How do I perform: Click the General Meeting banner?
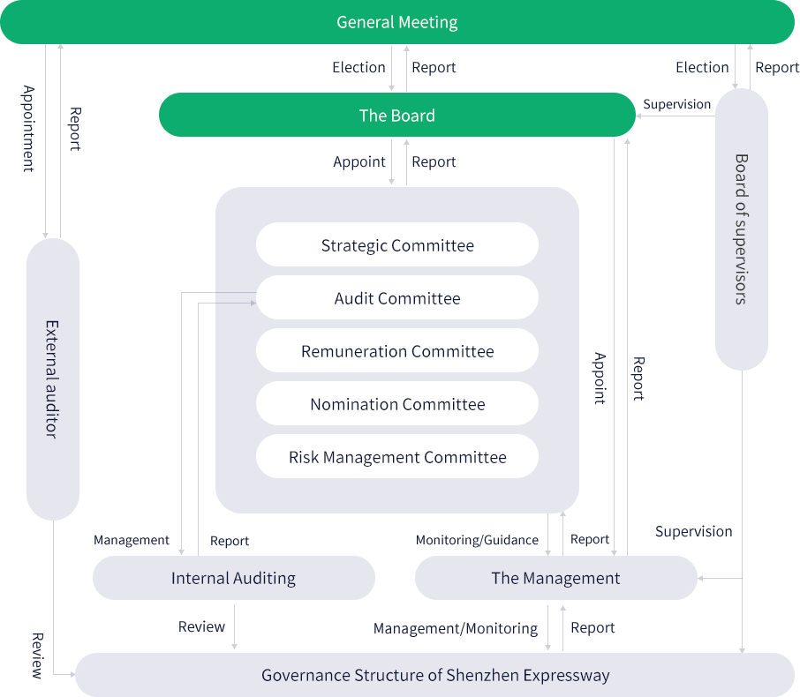point(397,22)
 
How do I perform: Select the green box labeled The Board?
point(397,115)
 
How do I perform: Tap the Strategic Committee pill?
point(397,245)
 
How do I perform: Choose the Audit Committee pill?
point(397,298)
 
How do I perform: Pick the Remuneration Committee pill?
point(397,351)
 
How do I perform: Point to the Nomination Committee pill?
point(397,404)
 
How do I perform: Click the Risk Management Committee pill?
point(397,457)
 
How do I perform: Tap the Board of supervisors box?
point(741,229)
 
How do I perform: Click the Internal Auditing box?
point(234,579)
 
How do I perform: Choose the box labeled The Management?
point(555,579)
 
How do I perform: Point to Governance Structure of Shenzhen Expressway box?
point(434,675)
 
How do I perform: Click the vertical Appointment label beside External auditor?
point(28,128)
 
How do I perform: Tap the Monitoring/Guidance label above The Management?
point(477,540)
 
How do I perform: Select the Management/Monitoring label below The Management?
point(456,628)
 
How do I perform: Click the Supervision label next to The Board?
point(676,105)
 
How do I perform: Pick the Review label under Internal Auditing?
point(202,626)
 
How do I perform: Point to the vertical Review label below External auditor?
point(37,656)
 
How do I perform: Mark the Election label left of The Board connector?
point(358,67)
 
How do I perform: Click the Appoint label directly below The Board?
point(359,162)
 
